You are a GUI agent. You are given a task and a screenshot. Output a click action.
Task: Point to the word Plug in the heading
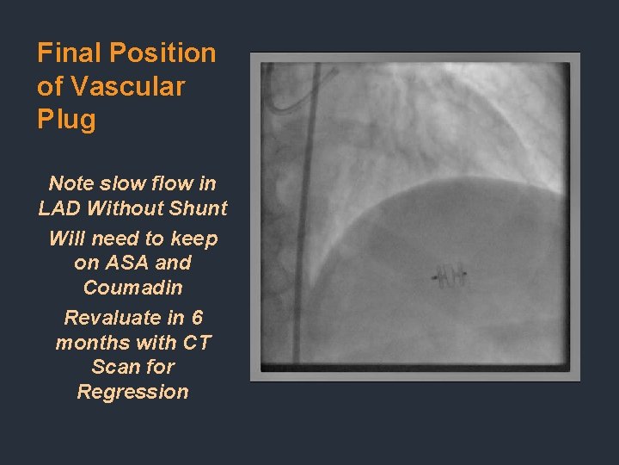pos(66,120)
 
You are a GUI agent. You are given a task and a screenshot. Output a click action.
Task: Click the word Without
pos(126,208)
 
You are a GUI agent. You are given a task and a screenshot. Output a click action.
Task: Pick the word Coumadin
pos(133,287)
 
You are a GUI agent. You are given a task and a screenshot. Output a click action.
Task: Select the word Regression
pos(133,392)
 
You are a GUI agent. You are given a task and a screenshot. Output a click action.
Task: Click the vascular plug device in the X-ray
pos(449,277)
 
